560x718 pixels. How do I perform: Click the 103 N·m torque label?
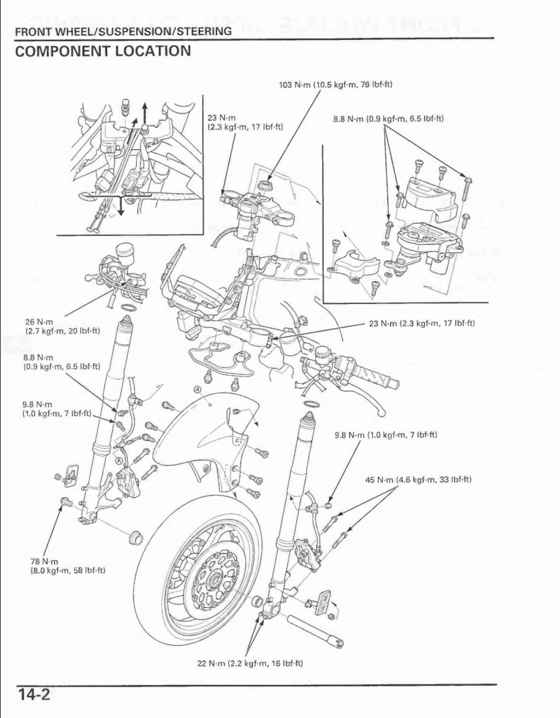[x=336, y=84]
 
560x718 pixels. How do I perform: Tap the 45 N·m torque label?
[x=418, y=479]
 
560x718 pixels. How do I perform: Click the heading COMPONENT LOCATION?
[x=103, y=51]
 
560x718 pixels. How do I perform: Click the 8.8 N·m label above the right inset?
[x=389, y=119]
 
